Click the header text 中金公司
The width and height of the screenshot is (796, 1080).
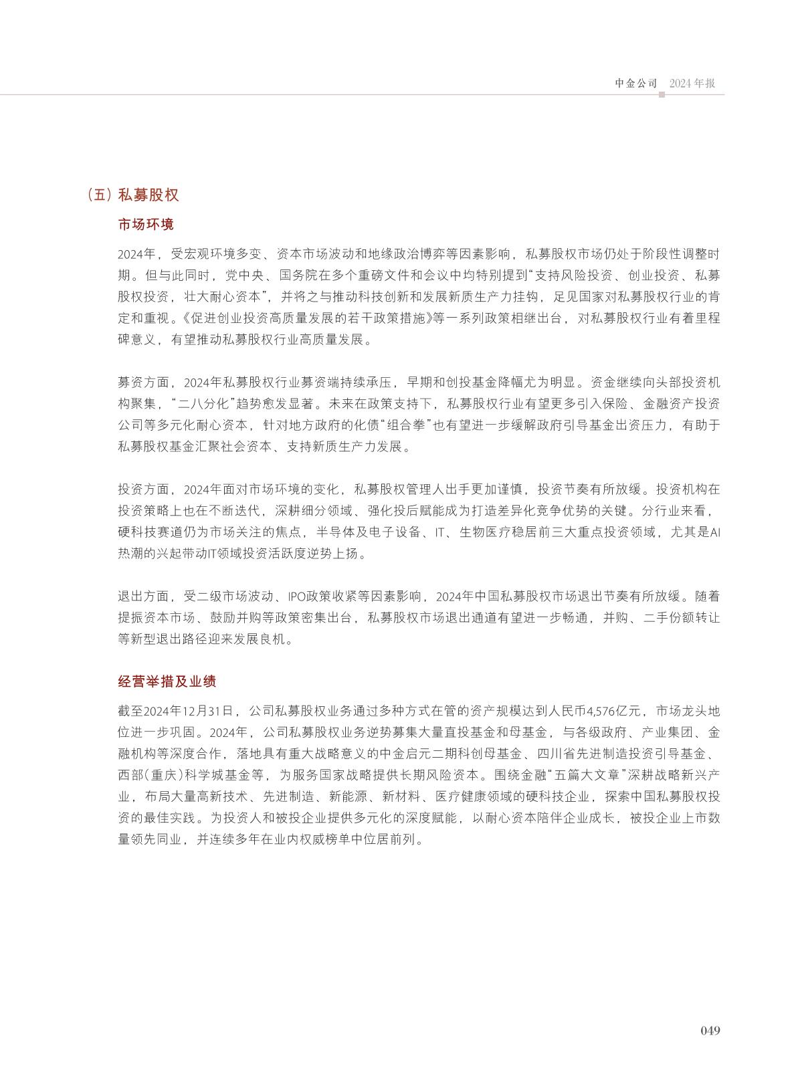(x=636, y=84)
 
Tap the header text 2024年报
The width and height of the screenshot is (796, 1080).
(x=692, y=84)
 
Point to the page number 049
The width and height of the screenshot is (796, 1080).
(x=710, y=1031)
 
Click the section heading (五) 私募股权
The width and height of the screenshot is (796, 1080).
(x=133, y=195)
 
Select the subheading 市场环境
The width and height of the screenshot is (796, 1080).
(x=146, y=225)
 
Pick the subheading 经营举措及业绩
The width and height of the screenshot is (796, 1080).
(x=167, y=682)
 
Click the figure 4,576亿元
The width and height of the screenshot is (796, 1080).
(x=614, y=710)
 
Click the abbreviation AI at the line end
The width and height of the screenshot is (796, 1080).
(x=714, y=533)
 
